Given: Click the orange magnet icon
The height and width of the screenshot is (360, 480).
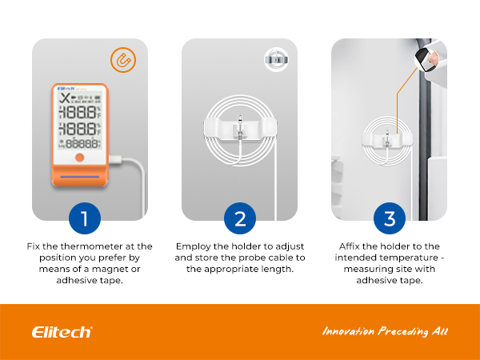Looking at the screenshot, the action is (123, 60).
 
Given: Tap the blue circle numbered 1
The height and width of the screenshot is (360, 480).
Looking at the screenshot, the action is (85, 218).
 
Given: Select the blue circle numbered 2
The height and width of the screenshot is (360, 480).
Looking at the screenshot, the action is (240, 218).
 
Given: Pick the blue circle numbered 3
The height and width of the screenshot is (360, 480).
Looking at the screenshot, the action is (390, 218).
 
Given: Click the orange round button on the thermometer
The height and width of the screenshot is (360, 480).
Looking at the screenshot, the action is (79, 158).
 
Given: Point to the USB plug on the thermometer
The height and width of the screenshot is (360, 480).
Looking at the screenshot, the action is (115, 159).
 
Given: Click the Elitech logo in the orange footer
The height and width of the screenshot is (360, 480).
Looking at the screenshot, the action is (62, 332).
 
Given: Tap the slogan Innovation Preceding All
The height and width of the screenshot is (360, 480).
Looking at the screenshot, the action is (385, 331).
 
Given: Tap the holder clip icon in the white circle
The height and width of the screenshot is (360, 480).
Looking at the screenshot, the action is (277, 60).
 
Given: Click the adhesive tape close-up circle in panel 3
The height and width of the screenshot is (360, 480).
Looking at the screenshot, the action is (426, 59).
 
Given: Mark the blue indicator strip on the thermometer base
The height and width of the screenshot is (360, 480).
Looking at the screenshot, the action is (79, 177).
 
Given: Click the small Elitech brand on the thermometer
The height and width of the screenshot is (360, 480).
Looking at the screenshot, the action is (66, 89).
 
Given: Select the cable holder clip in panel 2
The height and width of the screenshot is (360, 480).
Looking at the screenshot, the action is (240, 129).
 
